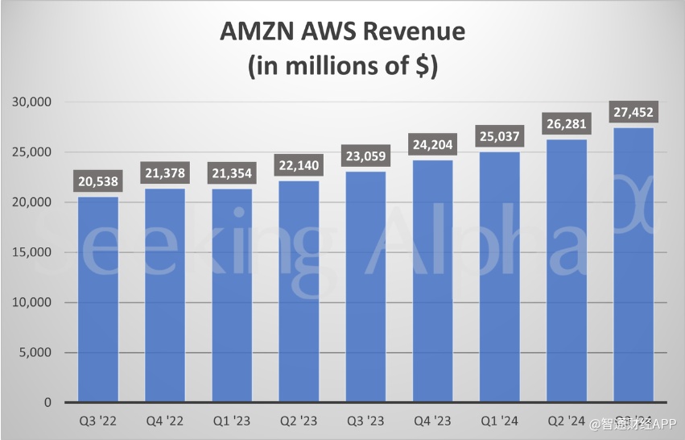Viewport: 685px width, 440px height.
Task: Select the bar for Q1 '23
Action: pos(232,295)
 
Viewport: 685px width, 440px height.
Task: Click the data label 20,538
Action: pos(97,181)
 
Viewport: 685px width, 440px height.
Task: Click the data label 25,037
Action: pos(499,135)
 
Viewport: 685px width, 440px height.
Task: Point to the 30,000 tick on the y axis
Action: pos(31,102)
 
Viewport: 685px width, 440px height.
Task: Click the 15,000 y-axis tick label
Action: pos(31,252)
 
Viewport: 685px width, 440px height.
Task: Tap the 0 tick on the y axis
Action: pos(47,402)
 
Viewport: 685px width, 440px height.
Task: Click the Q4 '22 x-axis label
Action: pos(165,420)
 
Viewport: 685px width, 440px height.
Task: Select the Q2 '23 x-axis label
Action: pos(299,420)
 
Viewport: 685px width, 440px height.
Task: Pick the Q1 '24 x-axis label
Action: pos(499,420)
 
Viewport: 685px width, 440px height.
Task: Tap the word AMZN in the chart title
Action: pos(254,32)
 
